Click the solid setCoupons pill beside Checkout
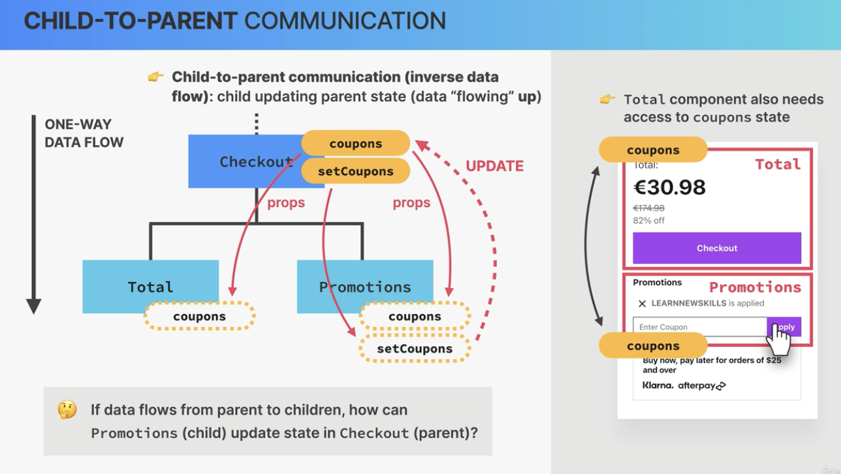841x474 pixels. [x=356, y=171]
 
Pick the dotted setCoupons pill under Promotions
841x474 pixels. [x=415, y=349]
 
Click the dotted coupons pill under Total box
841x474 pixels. [x=199, y=317]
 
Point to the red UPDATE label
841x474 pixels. [x=494, y=166]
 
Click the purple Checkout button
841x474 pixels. [x=717, y=248]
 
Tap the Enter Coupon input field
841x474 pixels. [x=700, y=327]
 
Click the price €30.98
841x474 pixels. [x=669, y=187]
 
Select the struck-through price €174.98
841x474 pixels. [x=648, y=208]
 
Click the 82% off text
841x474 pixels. [x=648, y=220]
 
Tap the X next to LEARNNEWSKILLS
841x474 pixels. [x=642, y=304]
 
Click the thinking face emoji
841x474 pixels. [x=67, y=409]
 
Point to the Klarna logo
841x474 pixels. [x=658, y=385]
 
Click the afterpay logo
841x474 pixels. [x=702, y=386]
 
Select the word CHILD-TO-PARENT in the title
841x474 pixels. [x=131, y=21]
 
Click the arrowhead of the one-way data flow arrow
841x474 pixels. [x=33, y=306]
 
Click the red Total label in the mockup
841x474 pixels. [x=778, y=165]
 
